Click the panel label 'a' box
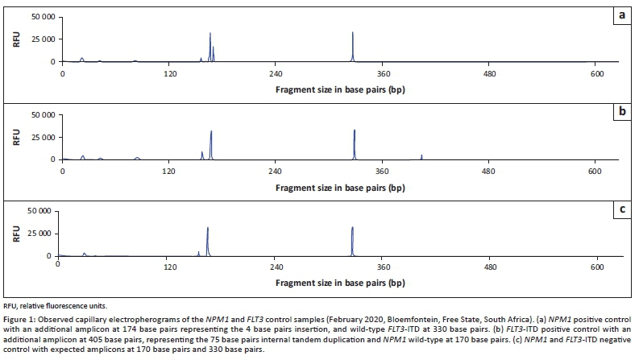621,16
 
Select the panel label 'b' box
621,114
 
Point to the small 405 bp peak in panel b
421,156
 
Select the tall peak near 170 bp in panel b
211,145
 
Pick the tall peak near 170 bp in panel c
208,242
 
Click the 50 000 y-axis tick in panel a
41,17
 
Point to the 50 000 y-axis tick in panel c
41,212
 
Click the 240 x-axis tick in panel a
275,73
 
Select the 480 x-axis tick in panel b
488,171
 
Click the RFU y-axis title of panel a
16,39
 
